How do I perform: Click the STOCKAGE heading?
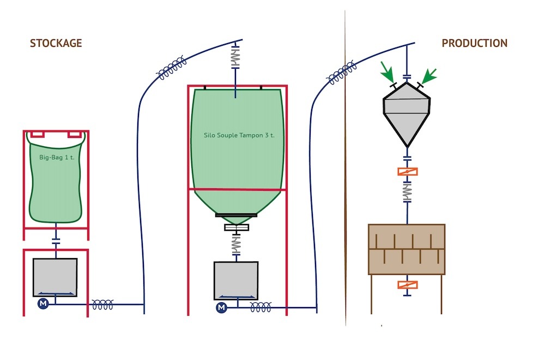point(56,44)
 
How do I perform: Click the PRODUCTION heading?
point(474,44)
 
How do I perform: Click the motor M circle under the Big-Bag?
point(44,304)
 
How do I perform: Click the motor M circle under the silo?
point(221,308)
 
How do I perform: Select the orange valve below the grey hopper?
point(407,172)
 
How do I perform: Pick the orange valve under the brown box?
point(407,284)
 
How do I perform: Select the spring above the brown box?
point(407,191)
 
